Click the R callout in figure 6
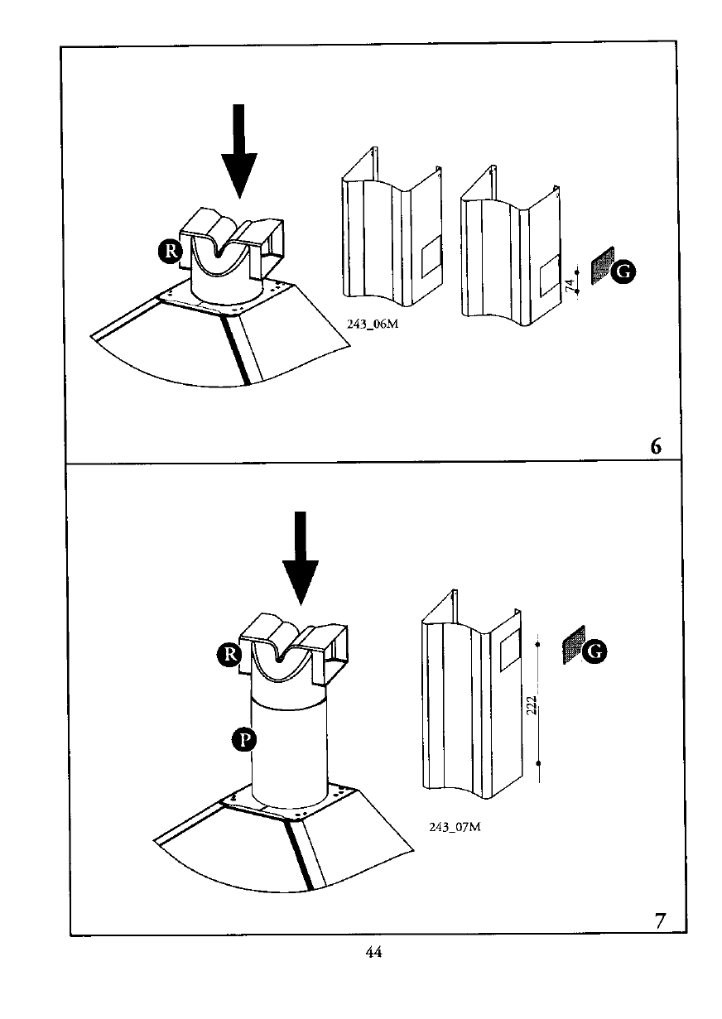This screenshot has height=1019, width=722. [171, 251]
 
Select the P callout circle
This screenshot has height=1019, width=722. [244, 740]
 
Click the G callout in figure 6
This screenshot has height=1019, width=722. [623, 272]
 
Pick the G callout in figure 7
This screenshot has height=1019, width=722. [594, 651]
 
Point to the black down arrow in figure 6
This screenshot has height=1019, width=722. [238, 151]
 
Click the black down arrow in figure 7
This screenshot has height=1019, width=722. [301, 558]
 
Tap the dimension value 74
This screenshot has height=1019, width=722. [570, 286]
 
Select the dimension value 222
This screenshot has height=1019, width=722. [532, 705]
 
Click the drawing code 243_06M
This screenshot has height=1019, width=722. [373, 324]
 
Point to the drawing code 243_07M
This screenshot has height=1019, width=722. [455, 827]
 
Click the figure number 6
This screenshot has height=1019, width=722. [656, 446]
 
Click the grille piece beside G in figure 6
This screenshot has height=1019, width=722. [602, 265]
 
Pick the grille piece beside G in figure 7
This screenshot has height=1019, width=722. [574, 645]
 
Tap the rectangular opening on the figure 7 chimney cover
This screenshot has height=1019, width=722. [509, 650]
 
